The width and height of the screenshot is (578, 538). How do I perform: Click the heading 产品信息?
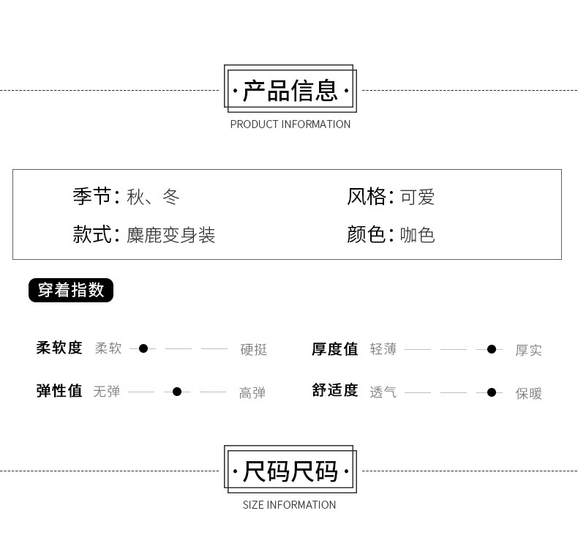coord(290,91)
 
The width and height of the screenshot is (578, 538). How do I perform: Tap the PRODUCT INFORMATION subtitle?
coord(290,124)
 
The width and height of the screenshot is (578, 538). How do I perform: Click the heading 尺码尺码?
coord(290,471)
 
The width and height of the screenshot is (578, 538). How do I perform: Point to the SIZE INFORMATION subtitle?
coord(289,505)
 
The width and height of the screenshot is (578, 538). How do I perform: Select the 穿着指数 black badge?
coord(71,290)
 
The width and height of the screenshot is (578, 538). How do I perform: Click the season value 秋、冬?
coord(153,197)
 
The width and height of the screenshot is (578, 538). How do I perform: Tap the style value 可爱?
coord(417,197)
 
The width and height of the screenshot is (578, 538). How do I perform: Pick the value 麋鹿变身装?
coord(170,235)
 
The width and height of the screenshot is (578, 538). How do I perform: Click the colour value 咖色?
coord(417,235)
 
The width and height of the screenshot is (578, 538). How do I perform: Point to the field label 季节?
coord(91,196)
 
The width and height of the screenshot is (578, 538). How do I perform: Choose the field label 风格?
coord(366,196)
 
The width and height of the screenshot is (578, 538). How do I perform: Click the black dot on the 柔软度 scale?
coord(143,348)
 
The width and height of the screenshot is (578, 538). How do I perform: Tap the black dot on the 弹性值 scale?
coord(177,392)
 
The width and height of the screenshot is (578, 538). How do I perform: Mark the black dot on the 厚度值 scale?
coord(492,349)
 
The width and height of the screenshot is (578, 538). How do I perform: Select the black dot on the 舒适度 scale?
coord(492,392)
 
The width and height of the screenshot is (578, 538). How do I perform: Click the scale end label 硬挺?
coord(254,350)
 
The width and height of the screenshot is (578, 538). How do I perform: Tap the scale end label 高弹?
coord(252,393)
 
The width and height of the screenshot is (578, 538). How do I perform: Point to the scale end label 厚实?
coord(528,351)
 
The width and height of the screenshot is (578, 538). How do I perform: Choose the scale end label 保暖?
coord(528,394)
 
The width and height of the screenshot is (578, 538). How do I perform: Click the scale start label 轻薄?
coord(383,349)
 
